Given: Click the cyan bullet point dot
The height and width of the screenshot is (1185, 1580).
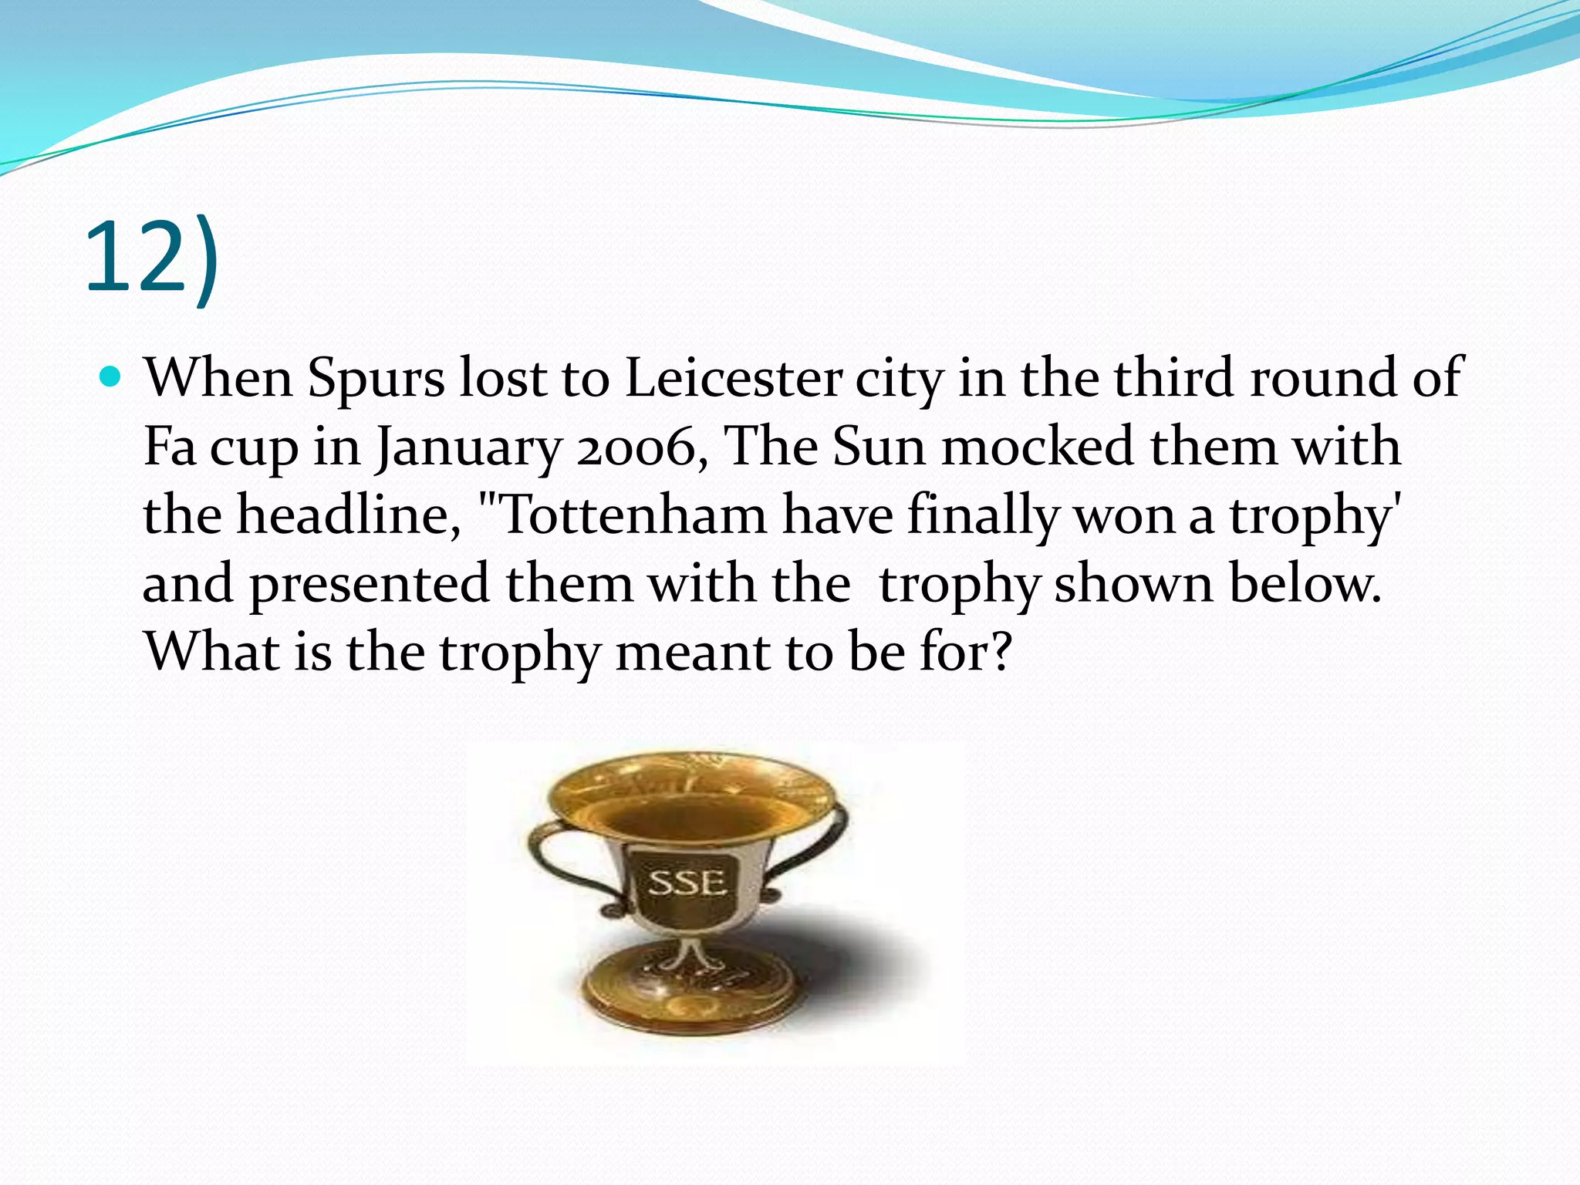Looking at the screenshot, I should click(x=112, y=378).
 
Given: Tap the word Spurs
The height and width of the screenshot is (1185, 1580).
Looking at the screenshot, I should click(x=376, y=380).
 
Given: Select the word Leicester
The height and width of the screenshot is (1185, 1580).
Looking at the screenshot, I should click(x=733, y=378).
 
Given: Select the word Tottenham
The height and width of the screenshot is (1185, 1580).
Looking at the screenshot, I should click(x=623, y=515).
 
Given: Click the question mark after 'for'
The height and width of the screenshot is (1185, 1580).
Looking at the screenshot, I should click(x=1000, y=653).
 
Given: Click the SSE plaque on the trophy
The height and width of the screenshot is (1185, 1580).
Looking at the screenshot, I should click(x=686, y=883).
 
